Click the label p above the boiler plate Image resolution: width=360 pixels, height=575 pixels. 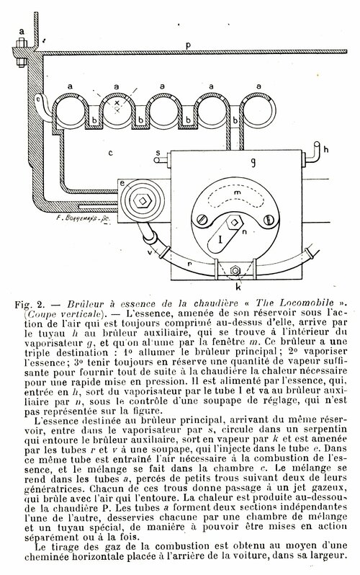(188, 46)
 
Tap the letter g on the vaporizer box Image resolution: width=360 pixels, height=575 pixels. (253, 162)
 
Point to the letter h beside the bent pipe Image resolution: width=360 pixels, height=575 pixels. (326, 149)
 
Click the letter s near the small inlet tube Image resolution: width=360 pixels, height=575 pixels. (158, 152)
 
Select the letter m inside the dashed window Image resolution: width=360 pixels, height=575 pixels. (237, 192)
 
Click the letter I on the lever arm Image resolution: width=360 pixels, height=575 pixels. (220, 240)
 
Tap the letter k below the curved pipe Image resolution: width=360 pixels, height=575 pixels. (238, 287)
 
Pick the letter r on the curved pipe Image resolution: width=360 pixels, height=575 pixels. (189, 263)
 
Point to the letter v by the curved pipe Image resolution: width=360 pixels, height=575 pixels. (150, 253)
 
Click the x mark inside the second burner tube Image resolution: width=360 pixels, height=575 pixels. (117, 103)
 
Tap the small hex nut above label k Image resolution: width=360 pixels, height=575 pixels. (233, 271)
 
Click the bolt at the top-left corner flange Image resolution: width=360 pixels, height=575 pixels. (21, 51)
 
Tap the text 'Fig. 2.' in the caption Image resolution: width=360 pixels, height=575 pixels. (30, 305)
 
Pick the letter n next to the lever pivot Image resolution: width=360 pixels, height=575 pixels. (245, 231)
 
